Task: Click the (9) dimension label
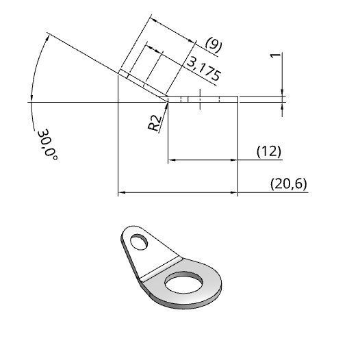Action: tap(214, 44)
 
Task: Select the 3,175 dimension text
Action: tap(204, 69)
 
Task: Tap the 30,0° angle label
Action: tap(47, 145)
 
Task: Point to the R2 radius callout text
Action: tap(154, 123)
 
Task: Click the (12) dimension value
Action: tap(269, 151)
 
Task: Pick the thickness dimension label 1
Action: tap(275, 55)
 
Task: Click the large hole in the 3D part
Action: tap(184, 283)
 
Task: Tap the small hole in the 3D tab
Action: tap(139, 242)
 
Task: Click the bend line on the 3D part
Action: tap(162, 269)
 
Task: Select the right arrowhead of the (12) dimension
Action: tap(233, 159)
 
